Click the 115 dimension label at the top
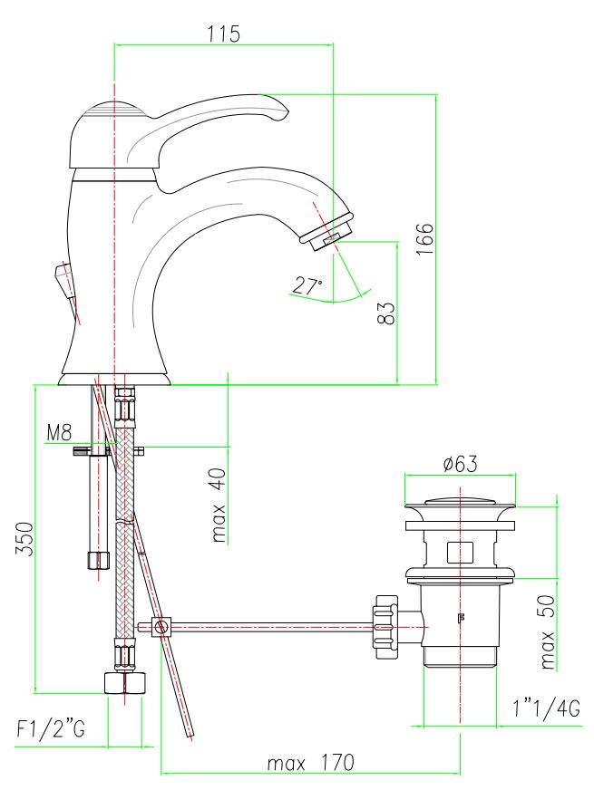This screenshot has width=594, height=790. tap(223, 34)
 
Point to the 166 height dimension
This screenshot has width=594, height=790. tap(424, 239)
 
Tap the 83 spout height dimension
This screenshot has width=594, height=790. tap(385, 313)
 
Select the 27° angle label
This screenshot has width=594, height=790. tap(307, 286)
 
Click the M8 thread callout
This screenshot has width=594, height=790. tap(60, 432)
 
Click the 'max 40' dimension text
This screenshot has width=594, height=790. tap(219, 505)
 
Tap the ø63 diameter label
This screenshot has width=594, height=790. tap(460, 464)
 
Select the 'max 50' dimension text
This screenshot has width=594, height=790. tap(547, 631)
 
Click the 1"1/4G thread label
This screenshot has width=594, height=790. tap(547, 708)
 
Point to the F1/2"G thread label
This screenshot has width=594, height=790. tap(51, 728)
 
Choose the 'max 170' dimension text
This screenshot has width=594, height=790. tap(311, 763)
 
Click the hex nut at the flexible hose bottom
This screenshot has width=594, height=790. tap(124, 683)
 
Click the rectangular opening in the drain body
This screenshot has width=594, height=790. tap(460, 553)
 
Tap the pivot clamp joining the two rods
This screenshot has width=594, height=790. tap(161, 627)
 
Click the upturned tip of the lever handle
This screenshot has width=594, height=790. tap(281, 111)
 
